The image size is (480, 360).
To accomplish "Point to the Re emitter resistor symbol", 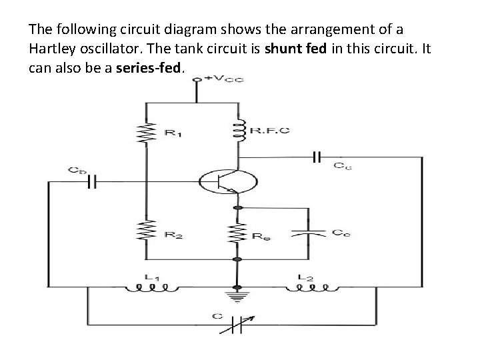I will coord(235,233).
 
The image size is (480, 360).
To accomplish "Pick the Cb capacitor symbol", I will coord(93,181).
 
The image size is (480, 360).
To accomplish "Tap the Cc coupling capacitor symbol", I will coord(316,157).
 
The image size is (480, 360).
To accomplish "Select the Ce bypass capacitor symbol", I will coord(309,233).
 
